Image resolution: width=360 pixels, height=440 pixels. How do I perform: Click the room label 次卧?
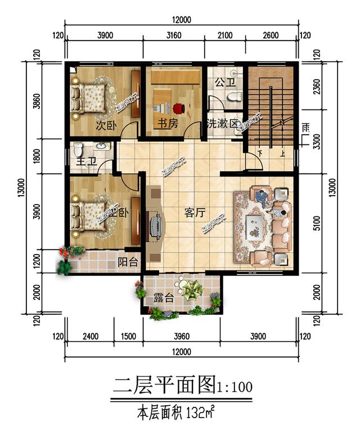[105, 125]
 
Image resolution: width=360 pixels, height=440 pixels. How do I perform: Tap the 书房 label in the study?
[168, 124]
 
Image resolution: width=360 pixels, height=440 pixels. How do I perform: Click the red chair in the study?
[179, 108]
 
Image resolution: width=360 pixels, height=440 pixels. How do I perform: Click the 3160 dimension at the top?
[174, 35]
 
